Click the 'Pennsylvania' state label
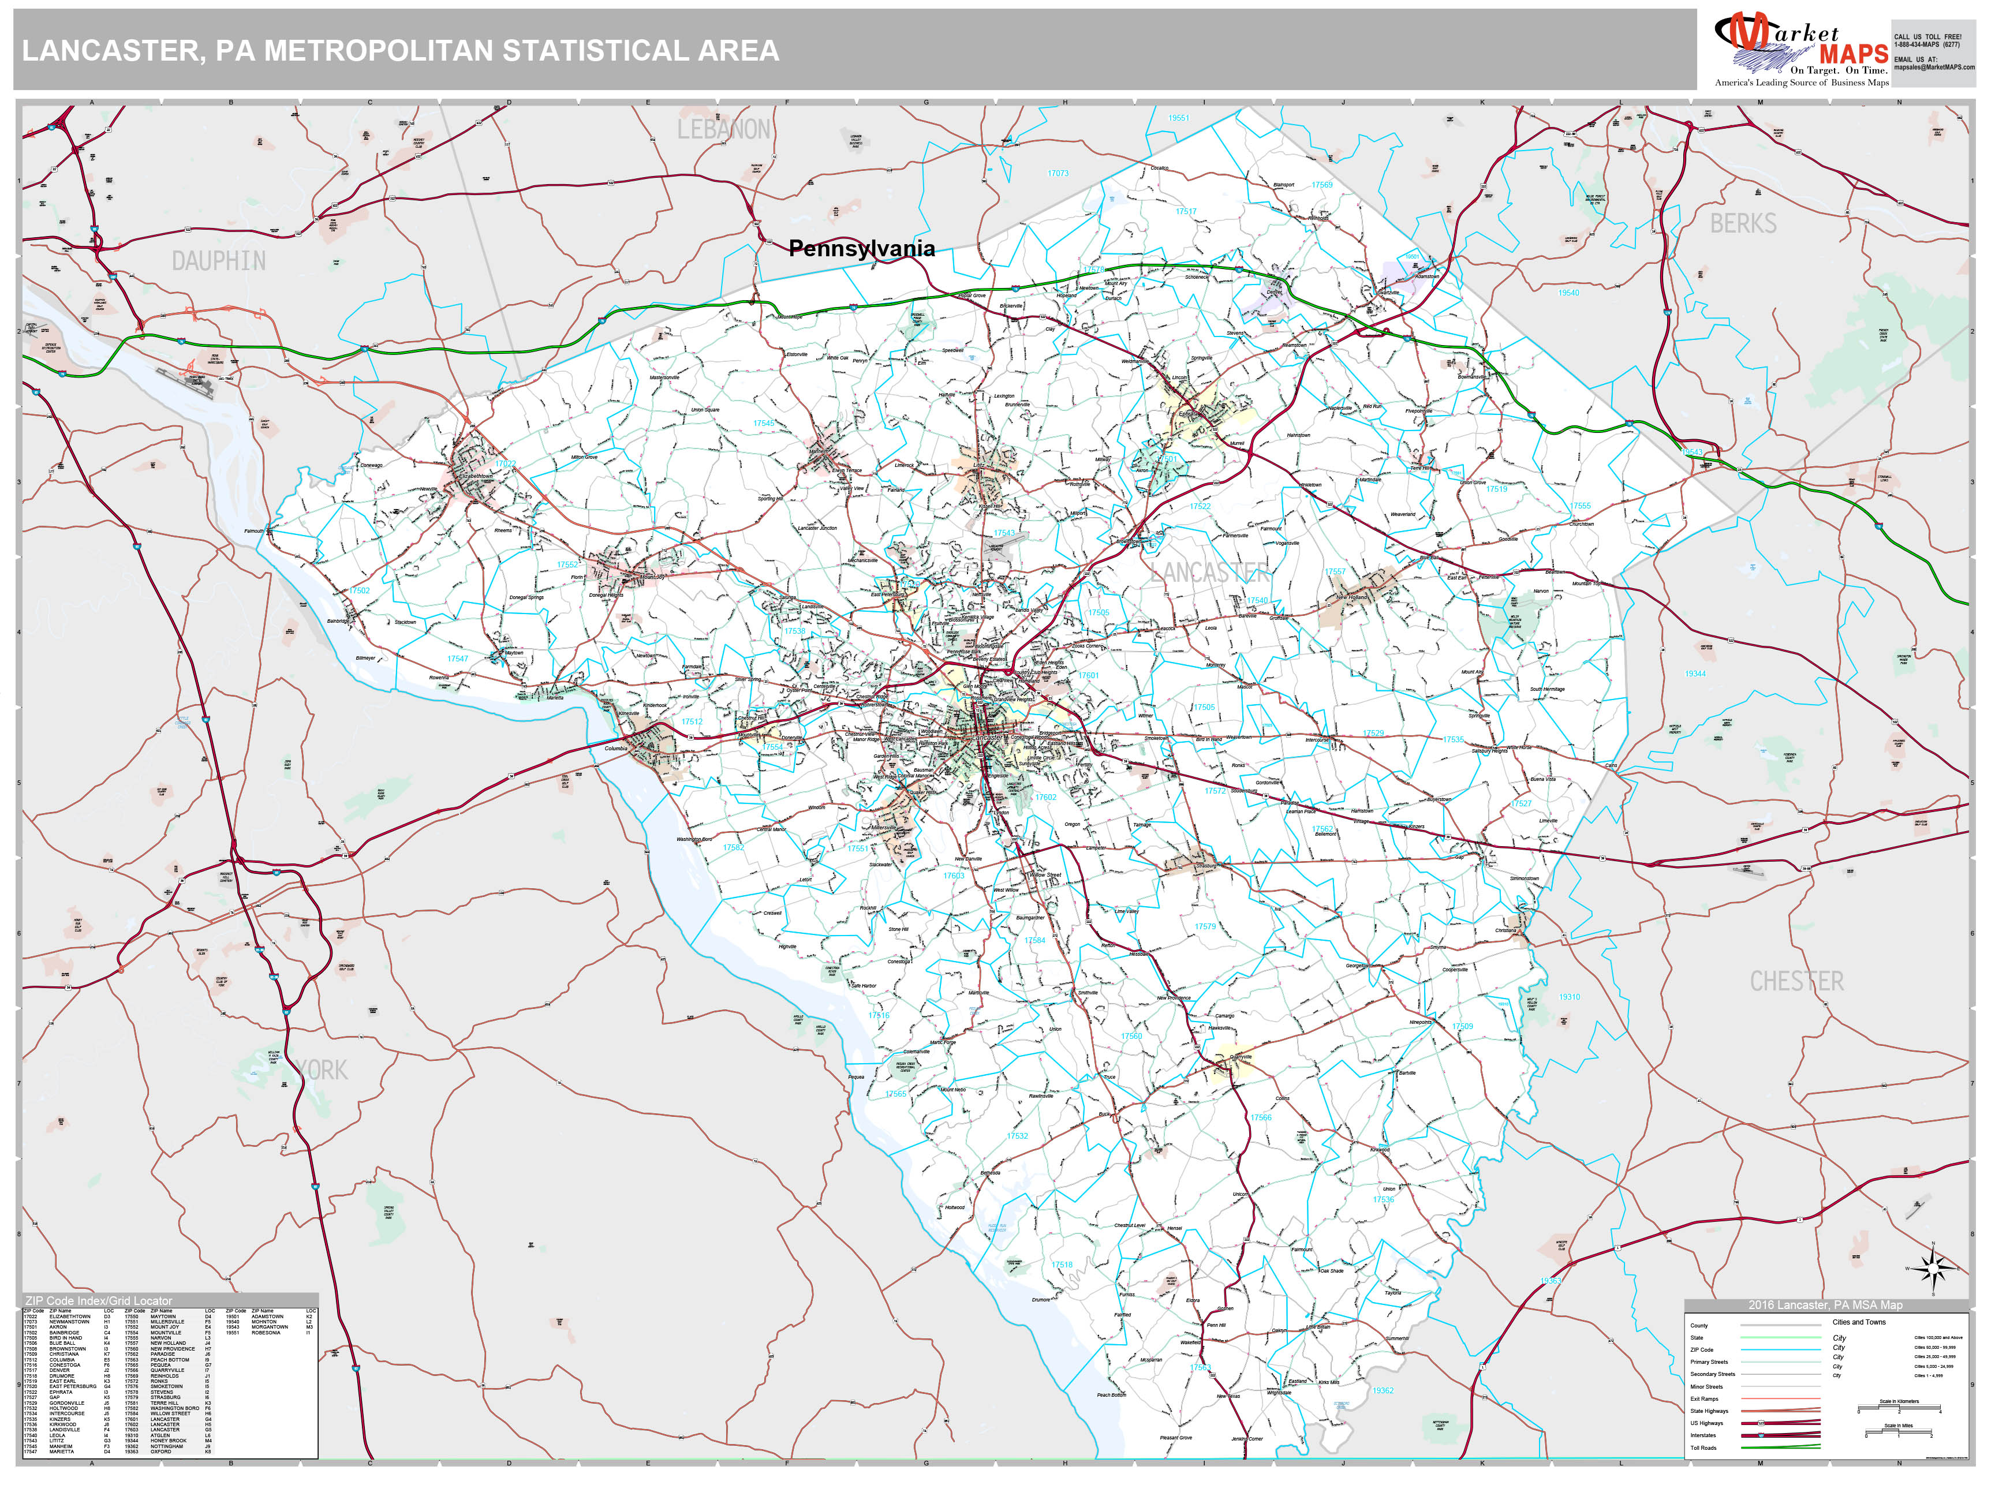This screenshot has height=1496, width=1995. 861,249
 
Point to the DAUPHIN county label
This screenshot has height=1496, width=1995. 219,261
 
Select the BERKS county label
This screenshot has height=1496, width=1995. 1743,223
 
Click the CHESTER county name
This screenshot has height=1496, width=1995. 1796,981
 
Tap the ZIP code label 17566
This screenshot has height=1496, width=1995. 1261,1117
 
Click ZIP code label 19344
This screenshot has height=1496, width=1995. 1695,674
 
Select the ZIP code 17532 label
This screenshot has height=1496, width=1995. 1017,1136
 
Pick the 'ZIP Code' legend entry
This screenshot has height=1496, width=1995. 1701,1350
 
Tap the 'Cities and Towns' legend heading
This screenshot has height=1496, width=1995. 1858,1322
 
